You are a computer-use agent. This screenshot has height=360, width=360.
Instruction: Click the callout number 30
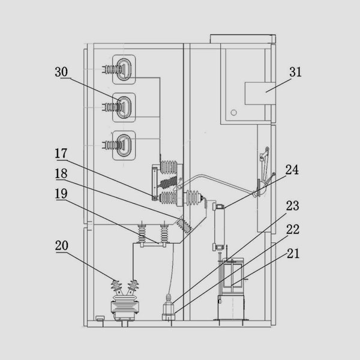(61, 72)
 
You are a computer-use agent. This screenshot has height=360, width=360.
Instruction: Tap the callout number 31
(295, 72)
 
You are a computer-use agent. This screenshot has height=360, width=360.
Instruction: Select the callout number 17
(61, 154)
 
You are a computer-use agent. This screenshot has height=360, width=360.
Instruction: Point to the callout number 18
(61, 173)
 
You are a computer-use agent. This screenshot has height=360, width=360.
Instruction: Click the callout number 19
(61, 194)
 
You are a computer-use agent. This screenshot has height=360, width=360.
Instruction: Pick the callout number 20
(62, 245)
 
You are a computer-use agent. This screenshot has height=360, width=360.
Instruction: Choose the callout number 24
(292, 170)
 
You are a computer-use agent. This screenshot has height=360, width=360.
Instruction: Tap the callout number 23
(293, 206)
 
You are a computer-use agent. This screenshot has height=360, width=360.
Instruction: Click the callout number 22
(293, 229)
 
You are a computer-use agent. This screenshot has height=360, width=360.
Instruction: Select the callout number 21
(293, 254)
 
